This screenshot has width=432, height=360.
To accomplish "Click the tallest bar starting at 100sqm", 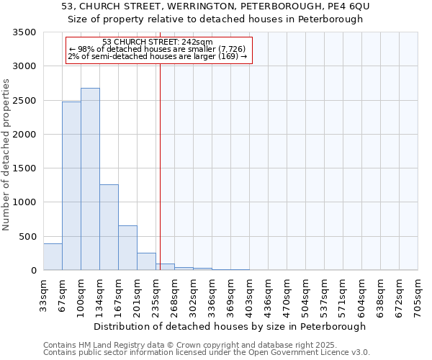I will (x=90, y=179).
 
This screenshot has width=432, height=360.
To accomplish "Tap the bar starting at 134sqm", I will (x=109, y=228).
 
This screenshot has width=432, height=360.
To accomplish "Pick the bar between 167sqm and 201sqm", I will (x=127, y=248).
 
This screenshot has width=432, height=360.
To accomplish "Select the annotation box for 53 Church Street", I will (x=158, y=50).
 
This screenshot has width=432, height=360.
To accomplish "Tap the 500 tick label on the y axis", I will (x=27, y=236).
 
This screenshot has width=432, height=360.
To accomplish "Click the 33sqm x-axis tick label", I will (x=43, y=295).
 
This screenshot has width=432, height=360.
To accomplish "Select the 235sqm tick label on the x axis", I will (x=156, y=295).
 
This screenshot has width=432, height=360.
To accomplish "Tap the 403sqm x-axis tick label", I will (x=249, y=295).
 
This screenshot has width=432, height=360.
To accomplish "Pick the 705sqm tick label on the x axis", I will (x=418, y=295).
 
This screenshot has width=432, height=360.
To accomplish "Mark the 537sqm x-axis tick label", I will (x=324, y=295).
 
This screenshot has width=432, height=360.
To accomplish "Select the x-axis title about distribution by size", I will (x=230, y=326).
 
